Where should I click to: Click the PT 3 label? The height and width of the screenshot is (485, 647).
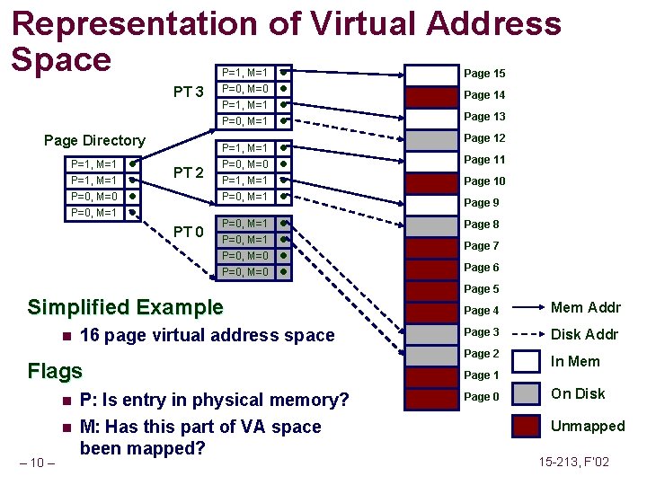190,93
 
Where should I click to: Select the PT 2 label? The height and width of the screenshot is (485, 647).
189,172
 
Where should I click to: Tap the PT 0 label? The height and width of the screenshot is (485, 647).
189,233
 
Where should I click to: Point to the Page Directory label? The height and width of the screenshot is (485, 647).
94,140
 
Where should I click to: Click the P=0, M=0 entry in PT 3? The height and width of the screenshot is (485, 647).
244,89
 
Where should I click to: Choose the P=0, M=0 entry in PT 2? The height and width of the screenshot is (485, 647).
244,164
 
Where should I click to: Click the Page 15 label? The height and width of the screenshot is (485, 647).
484,74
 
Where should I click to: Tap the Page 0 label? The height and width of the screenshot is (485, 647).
482,397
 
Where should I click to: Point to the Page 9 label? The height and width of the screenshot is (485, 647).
482,203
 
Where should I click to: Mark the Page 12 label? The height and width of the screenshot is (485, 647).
484,138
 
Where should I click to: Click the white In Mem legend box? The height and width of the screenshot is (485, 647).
525,361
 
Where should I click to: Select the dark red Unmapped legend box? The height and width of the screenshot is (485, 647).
525,426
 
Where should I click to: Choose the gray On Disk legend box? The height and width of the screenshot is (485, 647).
525,393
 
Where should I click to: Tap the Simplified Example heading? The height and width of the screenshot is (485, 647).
125,307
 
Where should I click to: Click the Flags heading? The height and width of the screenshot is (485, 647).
55,371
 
